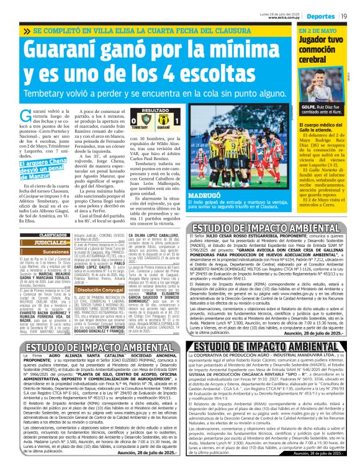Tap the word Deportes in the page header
pos(319,16)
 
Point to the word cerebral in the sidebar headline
pos(314,59)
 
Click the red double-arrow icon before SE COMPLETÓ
pos(27,30)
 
